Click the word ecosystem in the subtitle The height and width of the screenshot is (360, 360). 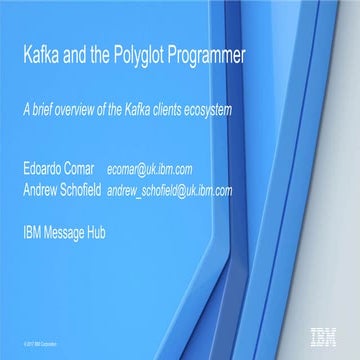tap(207, 109)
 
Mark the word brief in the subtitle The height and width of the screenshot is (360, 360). tap(42, 109)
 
